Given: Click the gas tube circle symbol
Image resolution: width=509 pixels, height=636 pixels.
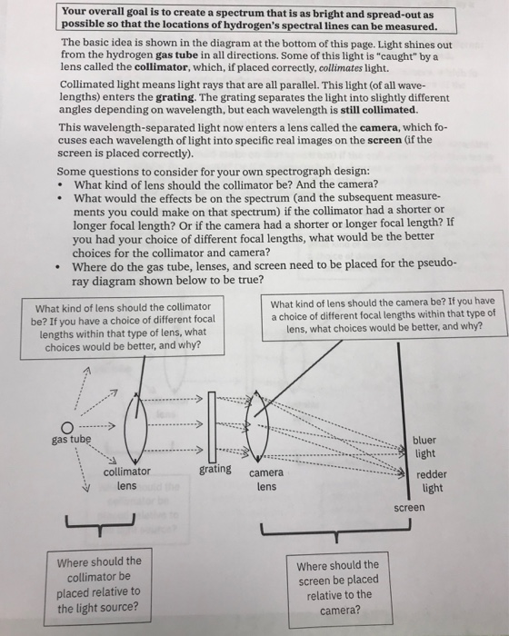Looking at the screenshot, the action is click(x=67, y=428).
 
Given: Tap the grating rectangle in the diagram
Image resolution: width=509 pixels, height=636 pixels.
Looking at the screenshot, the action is click(x=212, y=427).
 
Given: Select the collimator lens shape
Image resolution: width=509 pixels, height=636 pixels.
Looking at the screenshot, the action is click(x=135, y=428).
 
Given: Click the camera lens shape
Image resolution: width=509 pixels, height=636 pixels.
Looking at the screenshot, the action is click(x=257, y=427).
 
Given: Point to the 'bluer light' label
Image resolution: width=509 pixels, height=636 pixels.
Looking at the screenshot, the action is click(x=424, y=447).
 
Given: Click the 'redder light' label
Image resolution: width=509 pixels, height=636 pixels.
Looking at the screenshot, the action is click(x=432, y=481).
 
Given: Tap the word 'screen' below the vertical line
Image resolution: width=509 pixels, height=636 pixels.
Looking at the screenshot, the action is click(x=409, y=507).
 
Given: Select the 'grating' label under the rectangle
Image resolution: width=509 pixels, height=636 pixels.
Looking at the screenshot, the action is click(x=215, y=470).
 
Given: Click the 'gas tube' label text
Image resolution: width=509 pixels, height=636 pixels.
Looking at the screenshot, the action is click(x=71, y=440).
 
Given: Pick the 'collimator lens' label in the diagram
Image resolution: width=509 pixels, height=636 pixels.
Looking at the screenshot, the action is click(x=126, y=479).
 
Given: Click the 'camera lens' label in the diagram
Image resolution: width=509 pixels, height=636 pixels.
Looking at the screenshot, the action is click(x=266, y=480).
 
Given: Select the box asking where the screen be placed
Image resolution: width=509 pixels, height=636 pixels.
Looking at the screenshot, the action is click(x=339, y=588).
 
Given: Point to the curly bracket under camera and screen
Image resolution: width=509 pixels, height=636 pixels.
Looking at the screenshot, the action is click(x=335, y=532).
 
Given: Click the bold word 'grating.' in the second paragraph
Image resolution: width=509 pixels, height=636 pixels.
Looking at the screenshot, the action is click(x=177, y=97).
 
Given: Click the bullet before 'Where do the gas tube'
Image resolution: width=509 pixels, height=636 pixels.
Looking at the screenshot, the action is click(x=60, y=267).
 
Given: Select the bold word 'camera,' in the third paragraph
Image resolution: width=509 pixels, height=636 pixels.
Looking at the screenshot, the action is click(x=379, y=128).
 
